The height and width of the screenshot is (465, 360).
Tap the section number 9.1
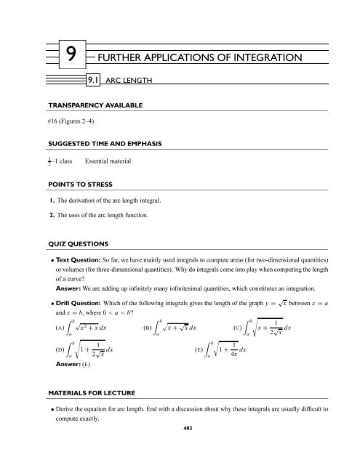tap(92, 81)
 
